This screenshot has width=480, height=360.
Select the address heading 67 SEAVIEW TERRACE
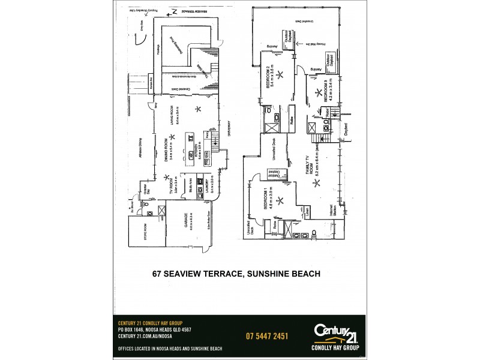point(236,273)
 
